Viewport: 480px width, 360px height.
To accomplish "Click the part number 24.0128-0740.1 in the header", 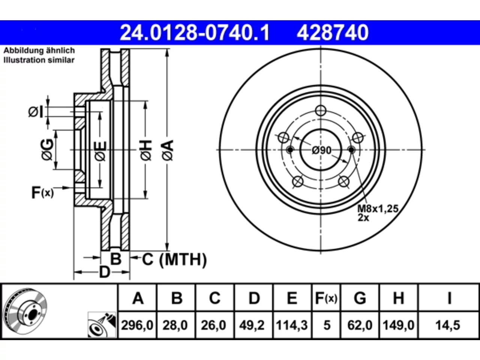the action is click(195, 33).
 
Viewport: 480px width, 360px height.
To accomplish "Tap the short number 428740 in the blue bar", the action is click(333, 33).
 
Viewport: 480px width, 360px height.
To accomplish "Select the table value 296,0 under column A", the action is click(137, 325).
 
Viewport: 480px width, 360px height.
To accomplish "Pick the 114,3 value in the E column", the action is click(292, 325).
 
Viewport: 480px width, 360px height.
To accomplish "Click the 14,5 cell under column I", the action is click(448, 325).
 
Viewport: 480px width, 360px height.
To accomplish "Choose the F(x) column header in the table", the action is click(326, 298).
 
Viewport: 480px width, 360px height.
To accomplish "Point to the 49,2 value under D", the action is click(252, 325).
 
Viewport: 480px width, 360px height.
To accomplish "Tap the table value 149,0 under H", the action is click(398, 325).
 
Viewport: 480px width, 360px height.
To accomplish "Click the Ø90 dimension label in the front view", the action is click(321, 150).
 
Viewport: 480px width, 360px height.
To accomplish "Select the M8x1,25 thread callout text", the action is click(378, 209).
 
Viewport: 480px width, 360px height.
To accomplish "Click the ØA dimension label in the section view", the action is click(168, 150).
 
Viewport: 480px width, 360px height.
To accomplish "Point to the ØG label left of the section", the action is click(47, 150).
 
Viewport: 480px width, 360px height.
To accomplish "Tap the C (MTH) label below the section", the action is click(174, 259).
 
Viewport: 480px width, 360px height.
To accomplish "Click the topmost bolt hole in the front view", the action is click(321, 111).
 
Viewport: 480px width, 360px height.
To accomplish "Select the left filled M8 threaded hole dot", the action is click(290, 150).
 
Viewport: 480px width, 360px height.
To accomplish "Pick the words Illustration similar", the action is click(39, 60).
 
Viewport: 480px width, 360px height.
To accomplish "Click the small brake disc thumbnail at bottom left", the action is click(25, 311).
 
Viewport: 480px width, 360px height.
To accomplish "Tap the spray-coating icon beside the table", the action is click(102, 325).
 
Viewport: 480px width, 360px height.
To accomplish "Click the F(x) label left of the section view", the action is click(42, 193).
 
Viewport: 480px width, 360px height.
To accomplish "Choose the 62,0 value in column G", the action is click(360, 325).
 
